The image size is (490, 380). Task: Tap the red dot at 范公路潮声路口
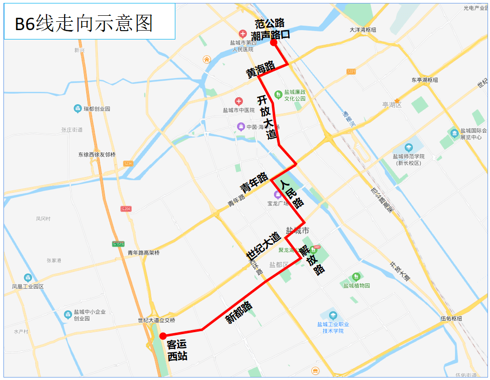pyautogui.click(x=274, y=43)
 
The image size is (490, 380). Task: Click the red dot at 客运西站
pyautogui.click(x=163, y=336)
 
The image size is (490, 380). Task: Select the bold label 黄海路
pyautogui.click(x=261, y=70)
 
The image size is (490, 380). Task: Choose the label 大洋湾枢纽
pyautogui.click(x=363, y=30)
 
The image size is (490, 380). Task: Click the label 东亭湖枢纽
pyautogui.click(x=424, y=79)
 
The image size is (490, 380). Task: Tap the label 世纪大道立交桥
pyautogui.click(x=157, y=320)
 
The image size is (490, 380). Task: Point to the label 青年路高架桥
pyautogui.click(x=144, y=253)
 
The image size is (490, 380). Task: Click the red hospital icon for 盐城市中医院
pyautogui.click(x=239, y=102)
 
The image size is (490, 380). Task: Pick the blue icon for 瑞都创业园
pyautogui.click(x=78, y=109)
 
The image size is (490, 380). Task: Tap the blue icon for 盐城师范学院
pyautogui.click(x=408, y=147)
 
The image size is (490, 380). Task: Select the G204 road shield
pyautogui.click(x=126, y=209)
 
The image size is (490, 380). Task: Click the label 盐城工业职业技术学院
pyautogui.click(x=333, y=327)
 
